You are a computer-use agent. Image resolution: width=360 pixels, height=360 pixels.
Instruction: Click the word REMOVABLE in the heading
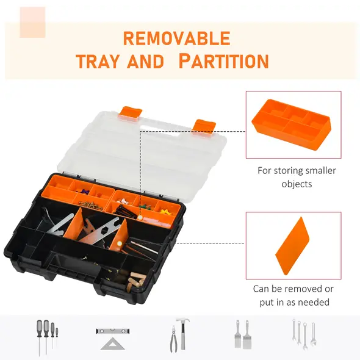point(176,38)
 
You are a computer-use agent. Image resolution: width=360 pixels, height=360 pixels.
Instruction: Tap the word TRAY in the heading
point(99,62)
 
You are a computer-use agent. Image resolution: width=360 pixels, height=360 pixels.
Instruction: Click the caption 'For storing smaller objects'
point(296,177)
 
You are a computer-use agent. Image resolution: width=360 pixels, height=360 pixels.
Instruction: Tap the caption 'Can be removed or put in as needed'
point(293,295)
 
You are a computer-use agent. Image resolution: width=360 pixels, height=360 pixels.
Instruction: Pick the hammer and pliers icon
point(178,336)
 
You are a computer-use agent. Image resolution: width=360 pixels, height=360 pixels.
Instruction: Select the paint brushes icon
point(241,334)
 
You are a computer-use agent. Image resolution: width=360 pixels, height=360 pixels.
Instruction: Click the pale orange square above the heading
point(32,22)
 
